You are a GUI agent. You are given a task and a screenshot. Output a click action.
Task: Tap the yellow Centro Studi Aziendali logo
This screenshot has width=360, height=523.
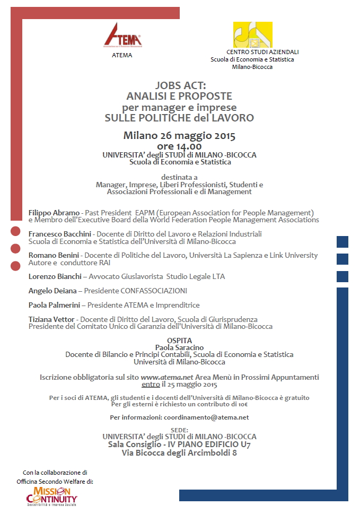pos(252,35)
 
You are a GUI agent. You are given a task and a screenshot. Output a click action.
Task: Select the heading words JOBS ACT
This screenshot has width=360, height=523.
pos(180,85)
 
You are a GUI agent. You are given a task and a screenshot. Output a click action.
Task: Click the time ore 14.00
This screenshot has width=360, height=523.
pos(179,146)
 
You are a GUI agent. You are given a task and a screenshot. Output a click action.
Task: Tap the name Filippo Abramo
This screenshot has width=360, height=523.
pos(53,213)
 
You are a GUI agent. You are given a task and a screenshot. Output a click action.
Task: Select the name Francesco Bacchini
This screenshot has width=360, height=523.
pos(60,234)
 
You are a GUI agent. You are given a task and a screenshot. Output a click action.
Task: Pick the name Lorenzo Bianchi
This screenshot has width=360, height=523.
pos(55,276)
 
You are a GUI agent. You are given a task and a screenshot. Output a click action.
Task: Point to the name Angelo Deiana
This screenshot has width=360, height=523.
pos(52,291)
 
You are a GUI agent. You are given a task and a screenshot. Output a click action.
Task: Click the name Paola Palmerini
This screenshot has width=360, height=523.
pos(55,305)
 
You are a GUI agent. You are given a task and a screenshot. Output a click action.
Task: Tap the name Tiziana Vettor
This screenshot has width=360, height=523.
pos(51,319)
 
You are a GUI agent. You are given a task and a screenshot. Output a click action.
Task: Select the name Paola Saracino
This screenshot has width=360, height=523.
pos(179,347)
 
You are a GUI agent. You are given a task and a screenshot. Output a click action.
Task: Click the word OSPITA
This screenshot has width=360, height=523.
pos(179,340)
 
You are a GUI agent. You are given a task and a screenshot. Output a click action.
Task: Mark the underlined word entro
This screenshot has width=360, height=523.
pos(151,385)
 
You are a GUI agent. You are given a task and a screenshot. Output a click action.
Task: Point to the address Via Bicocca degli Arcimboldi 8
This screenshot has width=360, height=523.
pos(179,452)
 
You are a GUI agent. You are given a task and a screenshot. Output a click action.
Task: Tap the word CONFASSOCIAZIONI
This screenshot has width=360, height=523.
pos(154,291)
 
